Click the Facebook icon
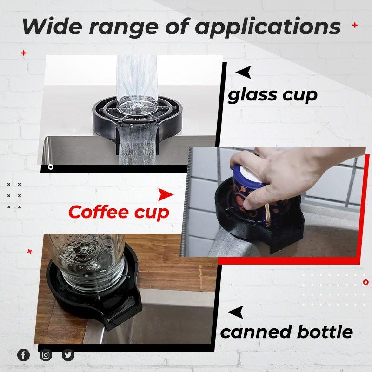click(23, 355)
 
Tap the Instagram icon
click(46, 355)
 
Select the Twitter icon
click(68, 355)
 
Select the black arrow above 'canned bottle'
click(236, 312)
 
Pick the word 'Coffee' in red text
click(97, 212)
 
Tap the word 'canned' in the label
click(253, 332)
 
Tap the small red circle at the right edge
click(365, 282)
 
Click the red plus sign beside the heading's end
click(354, 25)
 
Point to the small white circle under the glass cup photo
click(51, 166)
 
